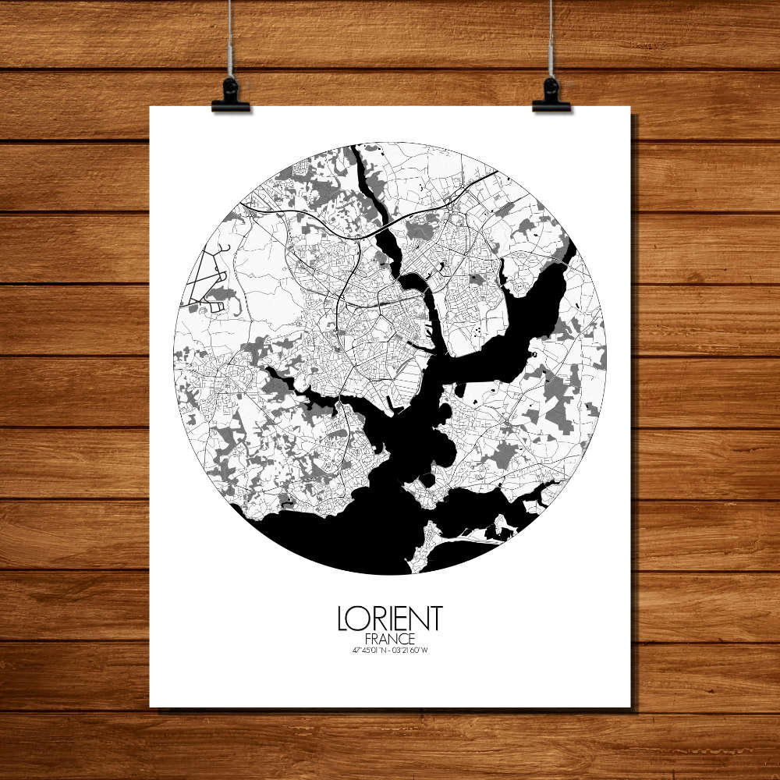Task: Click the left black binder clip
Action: [230, 96]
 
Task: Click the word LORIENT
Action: [389, 619]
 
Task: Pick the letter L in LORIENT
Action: [342, 619]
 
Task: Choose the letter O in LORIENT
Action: [357, 619]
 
